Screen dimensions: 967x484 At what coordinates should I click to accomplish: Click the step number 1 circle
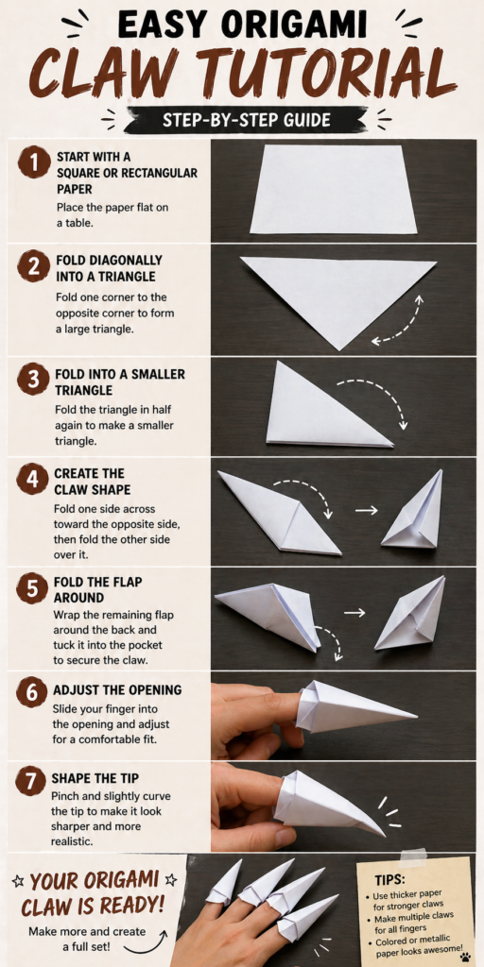[x=33, y=163]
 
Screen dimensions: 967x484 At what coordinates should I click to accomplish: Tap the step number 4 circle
[x=33, y=481]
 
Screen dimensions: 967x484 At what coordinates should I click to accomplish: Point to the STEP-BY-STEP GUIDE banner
[x=245, y=120]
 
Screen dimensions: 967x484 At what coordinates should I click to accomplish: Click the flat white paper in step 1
[x=334, y=190]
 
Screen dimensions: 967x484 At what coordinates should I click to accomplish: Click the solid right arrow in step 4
[x=366, y=511]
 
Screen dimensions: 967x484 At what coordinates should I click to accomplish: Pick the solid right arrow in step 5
[x=355, y=613]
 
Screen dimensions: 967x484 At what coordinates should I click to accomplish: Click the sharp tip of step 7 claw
[x=384, y=835]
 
